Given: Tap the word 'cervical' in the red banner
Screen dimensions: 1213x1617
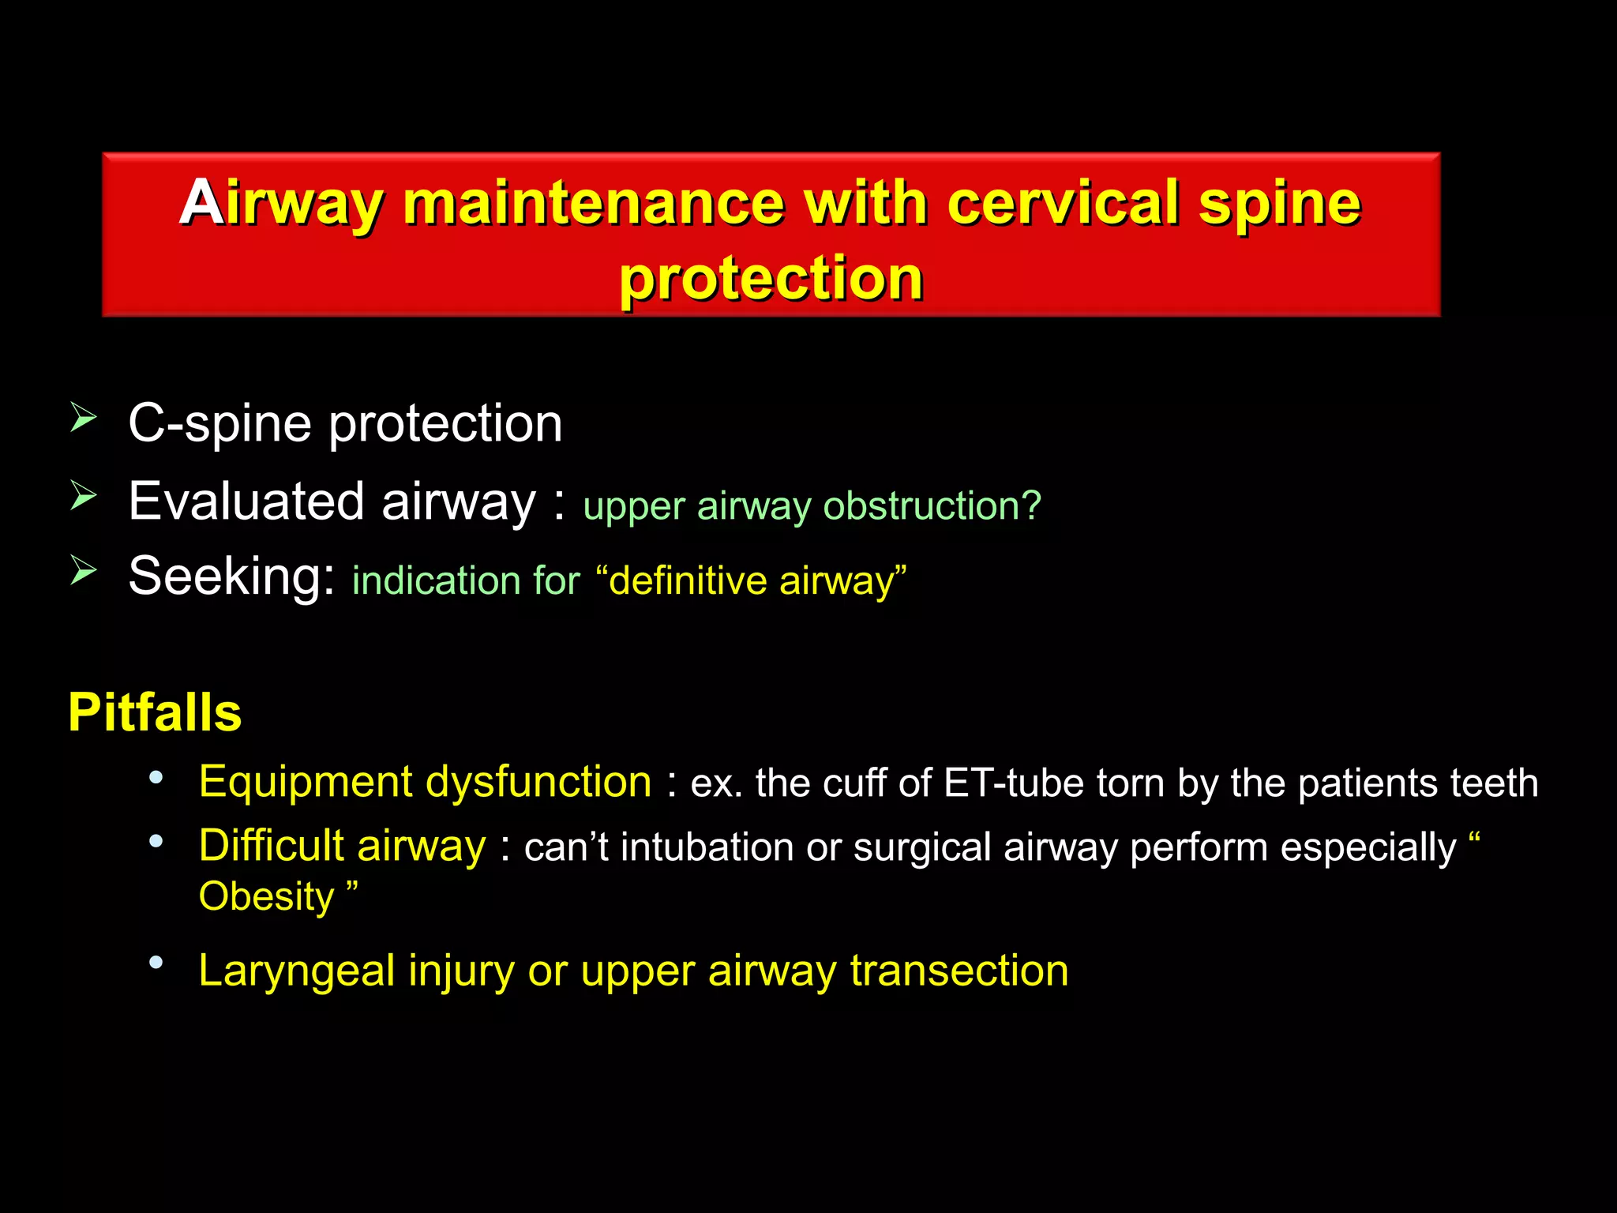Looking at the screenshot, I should tap(1064, 203).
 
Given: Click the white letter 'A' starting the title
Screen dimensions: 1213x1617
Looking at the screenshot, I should tap(201, 203).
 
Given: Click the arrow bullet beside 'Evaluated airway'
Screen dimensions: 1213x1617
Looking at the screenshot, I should tap(83, 495).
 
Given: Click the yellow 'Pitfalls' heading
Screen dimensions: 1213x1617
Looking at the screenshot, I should tap(155, 712).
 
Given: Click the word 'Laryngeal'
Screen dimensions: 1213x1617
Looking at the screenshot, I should tap(297, 971).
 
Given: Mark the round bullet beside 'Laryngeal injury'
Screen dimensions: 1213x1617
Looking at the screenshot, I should tap(156, 963).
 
